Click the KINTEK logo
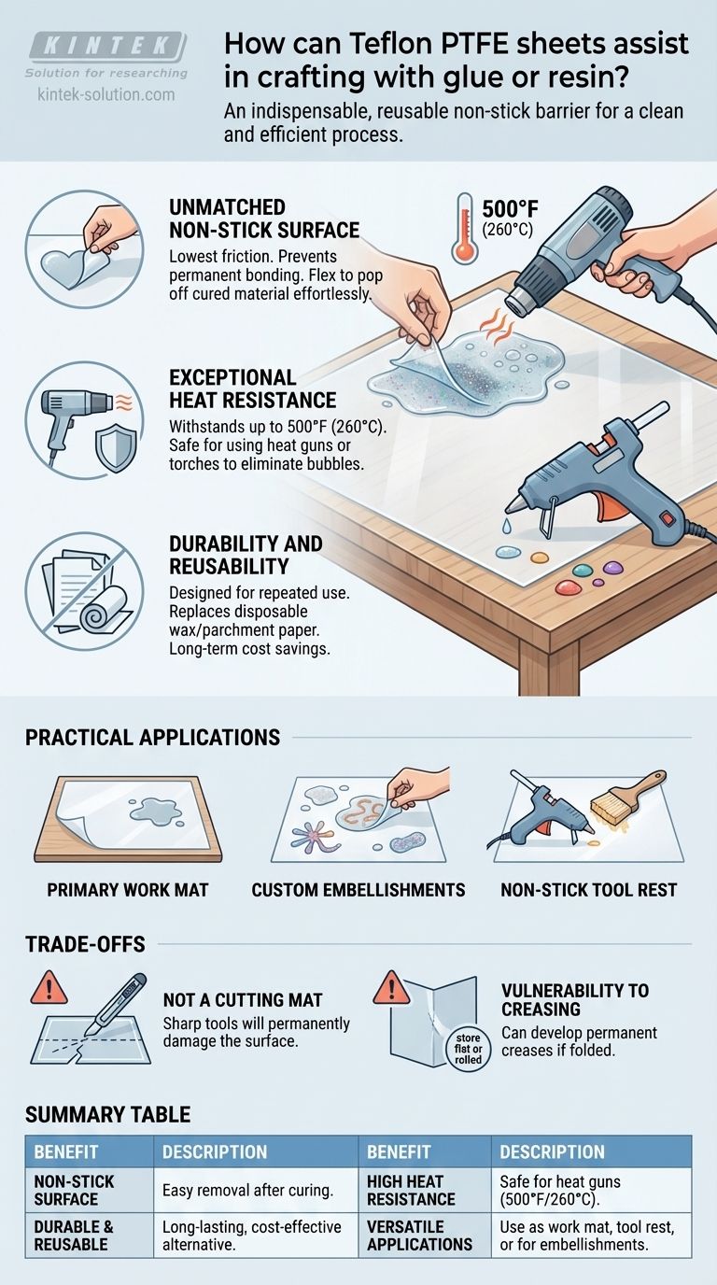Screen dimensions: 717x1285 (x=107, y=46)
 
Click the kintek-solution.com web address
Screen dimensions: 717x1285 (x=106, y=94)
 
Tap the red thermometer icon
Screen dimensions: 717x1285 (x=465, y=228)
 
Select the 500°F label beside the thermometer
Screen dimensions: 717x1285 (x=510, y=209)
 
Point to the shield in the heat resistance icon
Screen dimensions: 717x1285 (x=116, y=448)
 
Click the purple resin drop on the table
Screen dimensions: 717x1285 (x=612, y=568)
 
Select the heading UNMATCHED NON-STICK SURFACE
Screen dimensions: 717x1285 (x=264, y=219)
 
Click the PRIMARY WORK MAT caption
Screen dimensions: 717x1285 (x=127, y=890)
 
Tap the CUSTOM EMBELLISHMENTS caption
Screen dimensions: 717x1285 (x=358, y=890)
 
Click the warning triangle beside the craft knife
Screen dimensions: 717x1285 (x=49, y=987)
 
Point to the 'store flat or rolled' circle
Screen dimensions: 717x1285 (x=468, y=1049)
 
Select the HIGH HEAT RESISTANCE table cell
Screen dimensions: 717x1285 (x=425, y=1190)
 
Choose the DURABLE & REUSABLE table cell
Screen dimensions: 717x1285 (x=89, y=1236)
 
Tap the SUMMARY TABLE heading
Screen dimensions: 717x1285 (x=108, y=1114)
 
